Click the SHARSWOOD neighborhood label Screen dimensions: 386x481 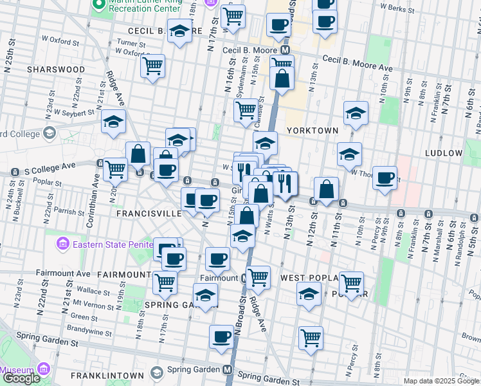(x=56, y=69)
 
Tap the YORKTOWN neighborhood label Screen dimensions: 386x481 (x=313, y=131)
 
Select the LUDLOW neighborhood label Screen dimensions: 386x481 (x=444, y=153)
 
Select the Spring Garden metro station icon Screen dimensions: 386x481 (x=228, y=371)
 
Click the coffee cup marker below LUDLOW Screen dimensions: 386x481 (x=385, y=178)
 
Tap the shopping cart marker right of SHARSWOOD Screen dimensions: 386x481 (x=152, y=66)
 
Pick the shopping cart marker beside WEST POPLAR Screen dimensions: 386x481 (x=351, y=283)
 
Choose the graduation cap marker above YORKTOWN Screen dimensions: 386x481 (x=356, y=113)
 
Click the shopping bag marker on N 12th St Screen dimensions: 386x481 (x=327, y=190)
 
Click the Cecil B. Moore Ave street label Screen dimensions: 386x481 (x=357, y=62)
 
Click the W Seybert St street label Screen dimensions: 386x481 (x=75, y=111)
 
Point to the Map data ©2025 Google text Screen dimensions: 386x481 (x=441, y=381)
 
